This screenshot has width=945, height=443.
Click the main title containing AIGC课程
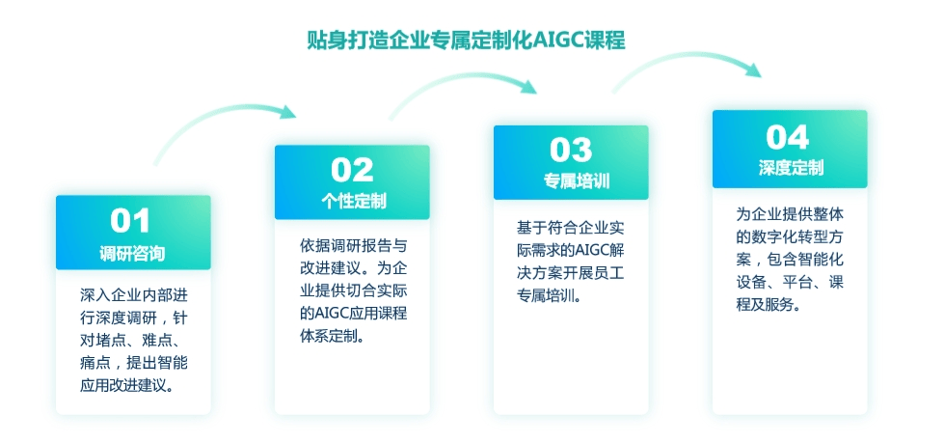[466, 40]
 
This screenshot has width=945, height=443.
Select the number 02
[352, 170]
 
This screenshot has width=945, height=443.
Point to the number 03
[571, 151]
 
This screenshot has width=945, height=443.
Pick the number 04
[788, 138]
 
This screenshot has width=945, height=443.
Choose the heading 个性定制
[353, 202]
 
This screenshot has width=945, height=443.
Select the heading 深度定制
[791, 167]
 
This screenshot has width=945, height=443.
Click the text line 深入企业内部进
[134, 295]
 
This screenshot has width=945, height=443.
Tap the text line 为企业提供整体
[790, 214]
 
